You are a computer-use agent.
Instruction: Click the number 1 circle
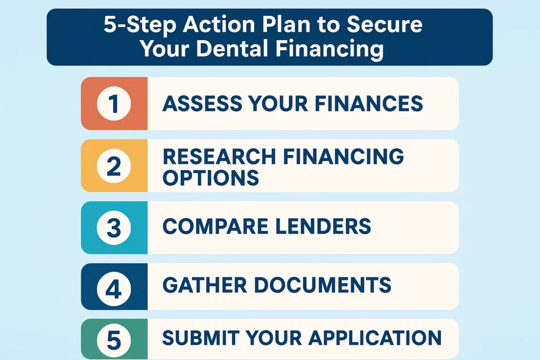pyautogui.click(x=114, y=104)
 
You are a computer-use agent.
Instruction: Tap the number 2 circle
pyautogui.click(x=114, y=166)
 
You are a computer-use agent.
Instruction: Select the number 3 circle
pyautogui.click(x=114, y=228)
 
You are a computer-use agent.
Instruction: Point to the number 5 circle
pyautogui.click(x=114, y=339)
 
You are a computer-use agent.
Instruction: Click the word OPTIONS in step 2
pyautogui.click(x=210, y=178)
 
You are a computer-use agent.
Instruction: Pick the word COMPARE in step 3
pyautogui.click(x=215, y=226)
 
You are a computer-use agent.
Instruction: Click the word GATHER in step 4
pyautogui.click(x=203, y=285)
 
